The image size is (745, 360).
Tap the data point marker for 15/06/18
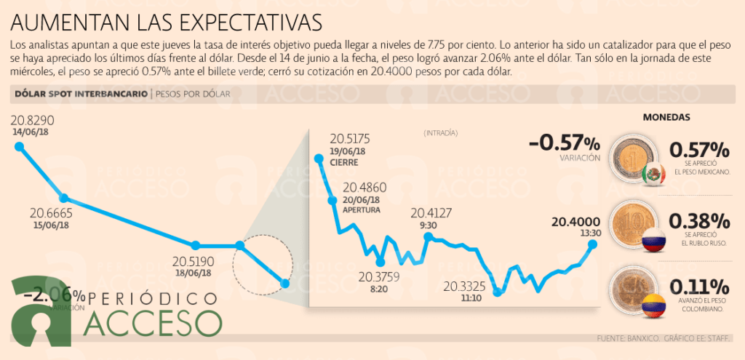[x=63, y=199]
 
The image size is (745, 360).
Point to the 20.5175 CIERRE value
[x=350, y=139]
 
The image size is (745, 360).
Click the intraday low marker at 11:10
[x=498, y=292]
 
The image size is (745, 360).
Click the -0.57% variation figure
[x=565, y=142]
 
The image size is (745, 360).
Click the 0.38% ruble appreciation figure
[x=699, y=220]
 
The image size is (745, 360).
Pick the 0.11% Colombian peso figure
[x=699, y=286]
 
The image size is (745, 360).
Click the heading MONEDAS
[x=666, y=116]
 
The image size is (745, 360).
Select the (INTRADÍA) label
[x=441, y=133]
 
